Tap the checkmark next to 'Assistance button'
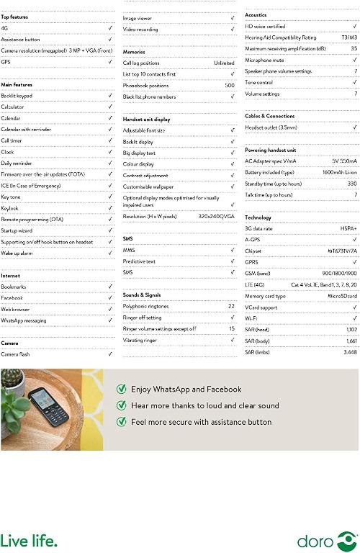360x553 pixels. pos(110,40)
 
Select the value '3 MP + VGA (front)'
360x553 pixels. pos(89,50)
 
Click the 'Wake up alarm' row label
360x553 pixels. pos(17,253)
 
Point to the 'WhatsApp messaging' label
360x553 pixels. pos(24,320)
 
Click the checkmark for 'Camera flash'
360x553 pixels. pos(110,354)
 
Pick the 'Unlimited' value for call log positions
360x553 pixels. pos(224,63)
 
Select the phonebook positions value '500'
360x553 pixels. pos(230,85)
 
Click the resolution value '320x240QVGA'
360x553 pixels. pos(216,216)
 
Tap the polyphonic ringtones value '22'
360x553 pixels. pos(231,306)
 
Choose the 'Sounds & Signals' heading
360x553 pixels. pos(141,295)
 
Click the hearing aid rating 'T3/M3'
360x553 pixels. pos(349,37)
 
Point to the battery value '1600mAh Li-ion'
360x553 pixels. pos(338,173)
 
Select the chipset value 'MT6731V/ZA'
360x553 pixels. pos(342,251)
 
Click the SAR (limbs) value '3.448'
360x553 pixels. pos(349,352)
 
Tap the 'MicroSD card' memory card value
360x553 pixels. pos(342,296)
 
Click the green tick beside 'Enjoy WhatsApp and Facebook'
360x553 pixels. pos(122,389)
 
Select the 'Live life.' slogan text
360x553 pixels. pos(29,540)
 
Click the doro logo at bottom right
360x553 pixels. pos(328,541)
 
